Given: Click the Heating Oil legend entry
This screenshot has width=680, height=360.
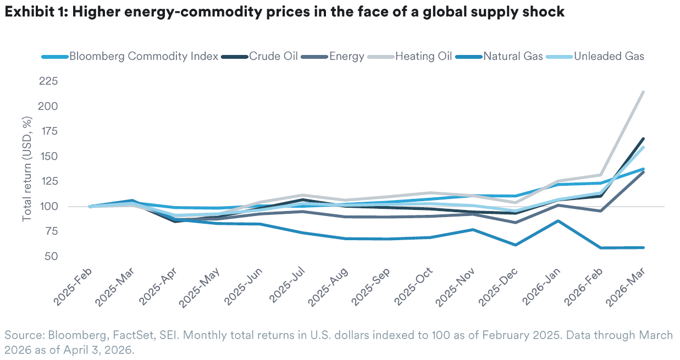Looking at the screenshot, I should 423,56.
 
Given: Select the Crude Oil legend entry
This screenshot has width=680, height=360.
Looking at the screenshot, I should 273,56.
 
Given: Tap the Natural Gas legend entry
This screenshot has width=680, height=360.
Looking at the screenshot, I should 513,56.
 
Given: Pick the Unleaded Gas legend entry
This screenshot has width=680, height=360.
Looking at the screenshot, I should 609,56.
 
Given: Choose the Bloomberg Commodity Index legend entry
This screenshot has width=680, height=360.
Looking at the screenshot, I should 143,56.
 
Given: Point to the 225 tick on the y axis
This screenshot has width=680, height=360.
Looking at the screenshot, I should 49,81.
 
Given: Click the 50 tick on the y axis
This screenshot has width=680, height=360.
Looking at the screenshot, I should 52,257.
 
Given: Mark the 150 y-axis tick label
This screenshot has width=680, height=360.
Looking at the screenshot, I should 49,157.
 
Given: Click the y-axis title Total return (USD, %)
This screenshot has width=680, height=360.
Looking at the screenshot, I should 27,169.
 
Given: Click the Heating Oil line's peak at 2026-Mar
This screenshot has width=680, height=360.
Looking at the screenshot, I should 643,92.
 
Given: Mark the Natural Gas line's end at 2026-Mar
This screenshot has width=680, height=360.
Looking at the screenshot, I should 643,247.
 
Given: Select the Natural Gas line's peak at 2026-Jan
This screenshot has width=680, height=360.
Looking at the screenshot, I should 558,221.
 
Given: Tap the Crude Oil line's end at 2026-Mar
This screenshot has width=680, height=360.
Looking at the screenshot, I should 643,139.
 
